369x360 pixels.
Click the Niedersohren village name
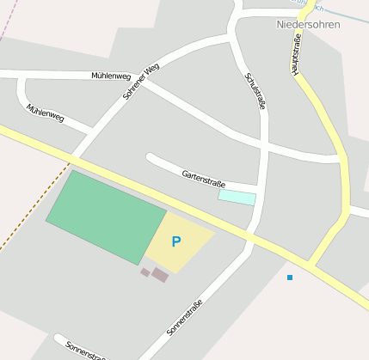(x=308, y=24)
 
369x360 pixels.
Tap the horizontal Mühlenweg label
(x=110, y=76)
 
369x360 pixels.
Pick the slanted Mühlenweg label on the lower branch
(x=45, y=114)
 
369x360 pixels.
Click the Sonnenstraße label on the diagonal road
(x=185, y=316)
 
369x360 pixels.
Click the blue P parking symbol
(x=176, y=242)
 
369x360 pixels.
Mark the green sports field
(x=105, y=217)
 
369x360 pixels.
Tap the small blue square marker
(x=290, y=277)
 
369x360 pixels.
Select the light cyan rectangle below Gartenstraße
(x=237, y=198)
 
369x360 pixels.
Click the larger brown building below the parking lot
(x=160, y=275)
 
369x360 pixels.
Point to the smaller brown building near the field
(x=145, y=272)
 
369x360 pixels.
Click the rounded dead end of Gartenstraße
(x=151, y=158)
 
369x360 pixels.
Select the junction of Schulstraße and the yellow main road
(x=252, y=235)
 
